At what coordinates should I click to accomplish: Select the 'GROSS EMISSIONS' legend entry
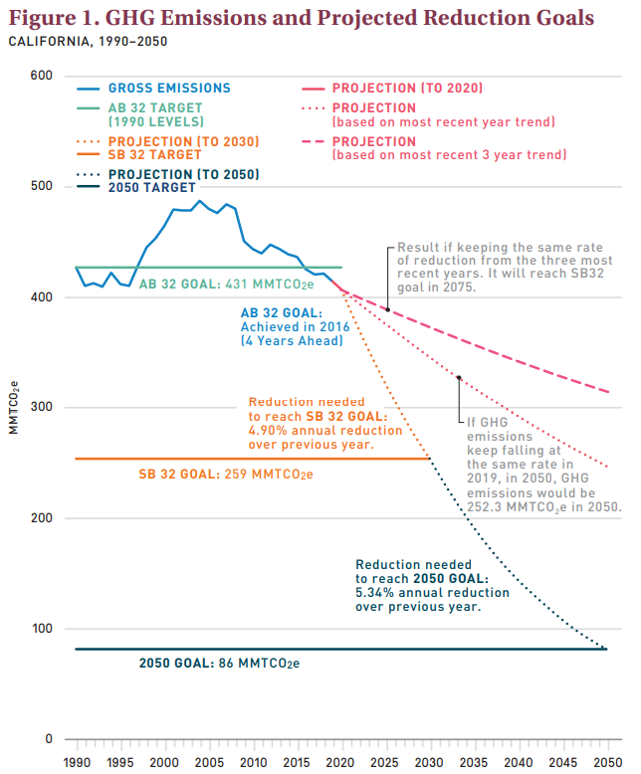[168, 89]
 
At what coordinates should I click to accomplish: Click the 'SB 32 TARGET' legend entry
[155, 154]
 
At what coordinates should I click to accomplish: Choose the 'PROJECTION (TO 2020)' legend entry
[408, 89]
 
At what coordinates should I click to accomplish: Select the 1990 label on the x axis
[76, 760]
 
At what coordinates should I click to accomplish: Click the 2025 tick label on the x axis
[385, 760]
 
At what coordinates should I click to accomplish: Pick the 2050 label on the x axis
[606, 760]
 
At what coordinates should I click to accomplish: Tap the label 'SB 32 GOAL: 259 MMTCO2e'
[226, 475]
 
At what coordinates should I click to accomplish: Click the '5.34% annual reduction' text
[432, 592]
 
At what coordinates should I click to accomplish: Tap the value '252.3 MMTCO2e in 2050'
[544, 505]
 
